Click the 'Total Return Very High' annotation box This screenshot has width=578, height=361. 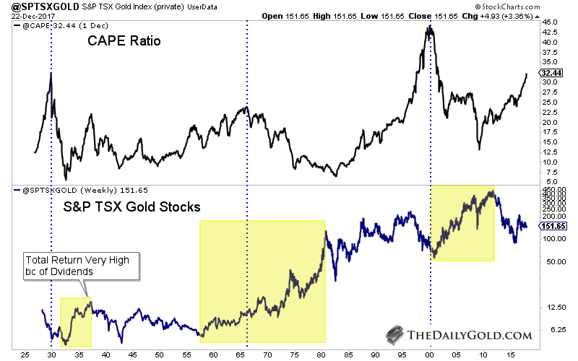click(x=78, y=265)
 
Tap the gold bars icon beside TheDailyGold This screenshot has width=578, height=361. click(x=394, y=334)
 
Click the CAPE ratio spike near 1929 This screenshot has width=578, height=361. click(x=51, y=74)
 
